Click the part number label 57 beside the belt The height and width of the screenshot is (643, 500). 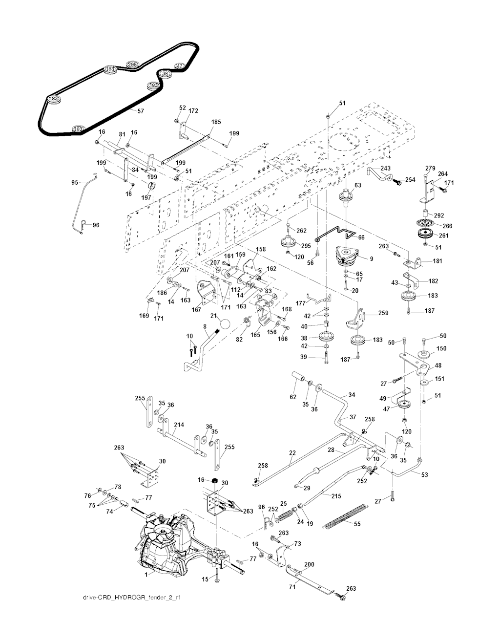pos(141,111)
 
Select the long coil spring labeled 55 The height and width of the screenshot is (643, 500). pos(347,516)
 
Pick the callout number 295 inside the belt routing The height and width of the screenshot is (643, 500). pos(132,64)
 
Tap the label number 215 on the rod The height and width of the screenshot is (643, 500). pos(336,496)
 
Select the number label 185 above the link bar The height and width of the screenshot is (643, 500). pos(216,122)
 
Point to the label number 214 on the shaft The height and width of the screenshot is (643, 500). pos(179,425)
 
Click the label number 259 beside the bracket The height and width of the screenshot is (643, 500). pos(383,313)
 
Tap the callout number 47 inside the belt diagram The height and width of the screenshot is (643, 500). pos(180,65)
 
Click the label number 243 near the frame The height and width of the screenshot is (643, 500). pos(385,168)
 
